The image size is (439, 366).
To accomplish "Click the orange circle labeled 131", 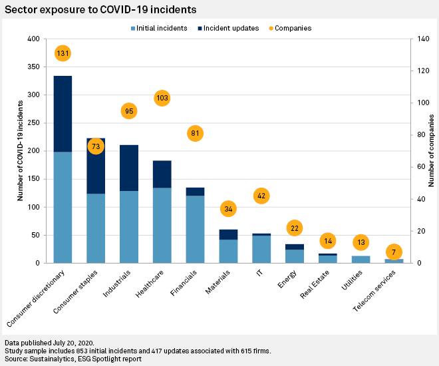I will pyautogui.click(x=63, y=53).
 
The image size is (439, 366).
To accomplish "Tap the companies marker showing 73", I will pyautogui.click(x=96, y=146).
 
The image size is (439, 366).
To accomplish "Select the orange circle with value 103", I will pyautogui.click(x=162, y=98).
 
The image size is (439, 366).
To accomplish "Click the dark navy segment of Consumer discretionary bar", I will pyautogui.click(x=63, y=114).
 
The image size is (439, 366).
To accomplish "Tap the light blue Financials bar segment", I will pyautogui.click(x=195, y=229).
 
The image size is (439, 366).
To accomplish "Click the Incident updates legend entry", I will pyautogui.click(x=229, y=28).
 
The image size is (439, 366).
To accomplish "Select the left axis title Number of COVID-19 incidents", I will pyautogui.click(x=21, y=151).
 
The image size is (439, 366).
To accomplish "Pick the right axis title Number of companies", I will pyautogui.click(x=431, y=151).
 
